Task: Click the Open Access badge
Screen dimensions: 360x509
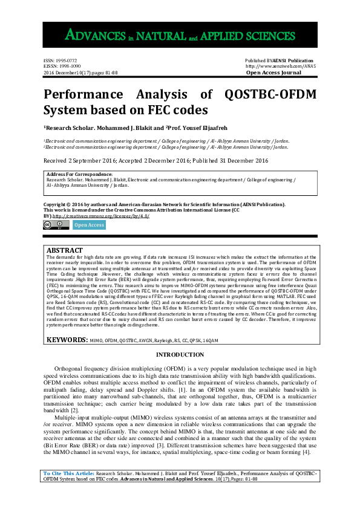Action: [x=88, y=225]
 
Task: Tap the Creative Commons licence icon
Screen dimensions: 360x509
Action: [x=56, y=225]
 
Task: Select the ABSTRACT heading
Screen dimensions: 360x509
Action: [x=65, y=250]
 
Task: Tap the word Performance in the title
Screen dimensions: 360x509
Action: [x=82, y=95]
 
